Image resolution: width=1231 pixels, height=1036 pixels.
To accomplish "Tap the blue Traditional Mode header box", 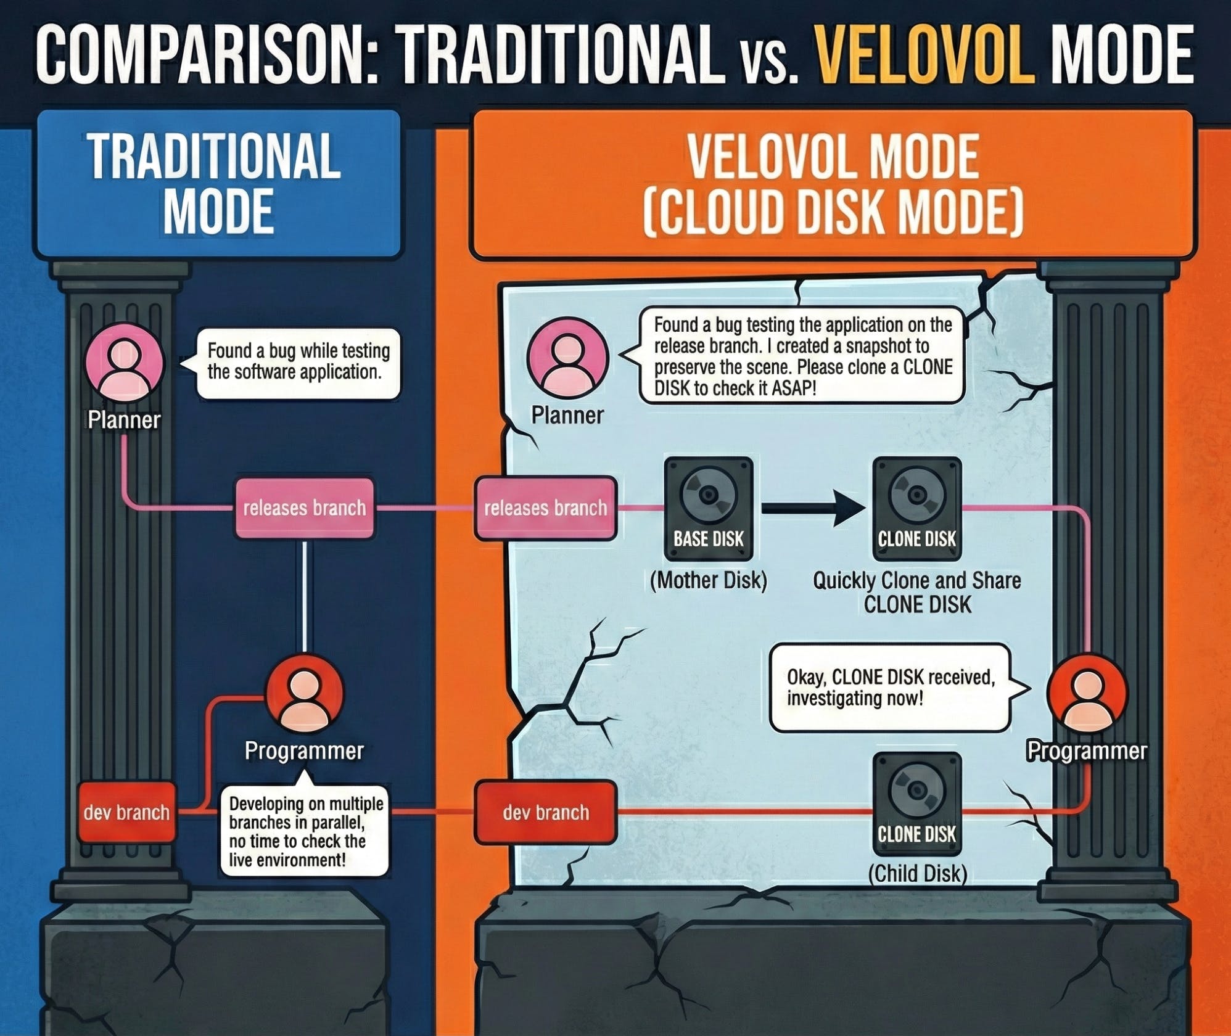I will click(217, 184).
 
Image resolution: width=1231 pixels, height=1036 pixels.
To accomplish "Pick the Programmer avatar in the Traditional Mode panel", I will click(305, 694).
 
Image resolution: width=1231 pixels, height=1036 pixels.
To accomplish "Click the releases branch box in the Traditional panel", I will click(305, 508).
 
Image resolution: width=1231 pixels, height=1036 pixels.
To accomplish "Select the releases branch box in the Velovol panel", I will click(545, 508).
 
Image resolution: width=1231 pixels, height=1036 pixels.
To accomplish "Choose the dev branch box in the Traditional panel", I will click(126, 812).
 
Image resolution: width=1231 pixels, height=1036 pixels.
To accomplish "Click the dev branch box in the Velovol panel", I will click(545, 812).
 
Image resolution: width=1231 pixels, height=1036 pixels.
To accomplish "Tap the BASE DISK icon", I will click(709, 508).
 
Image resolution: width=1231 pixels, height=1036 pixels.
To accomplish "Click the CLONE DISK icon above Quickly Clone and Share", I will click(916, 508).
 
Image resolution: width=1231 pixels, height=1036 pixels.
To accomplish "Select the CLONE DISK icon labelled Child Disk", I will click(916, 804).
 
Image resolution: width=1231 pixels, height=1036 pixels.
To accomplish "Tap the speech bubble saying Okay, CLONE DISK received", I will click(891, 688).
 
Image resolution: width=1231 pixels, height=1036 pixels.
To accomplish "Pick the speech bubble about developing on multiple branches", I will click(305, 831).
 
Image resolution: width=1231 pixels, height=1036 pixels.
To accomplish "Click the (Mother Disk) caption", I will click(709, 580).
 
